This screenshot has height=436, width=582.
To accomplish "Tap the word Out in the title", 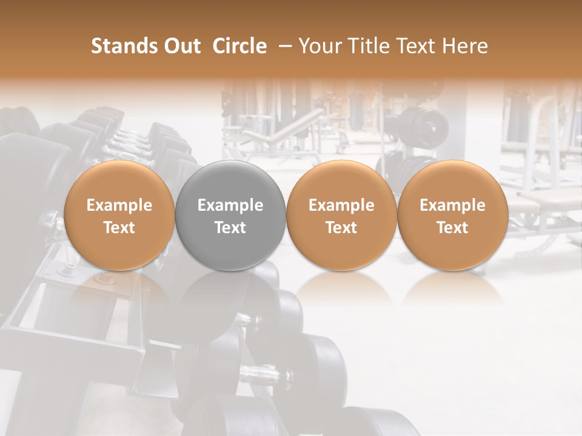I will click(x=180, y=46).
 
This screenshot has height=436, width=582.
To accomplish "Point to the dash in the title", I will click(x=283, y=46).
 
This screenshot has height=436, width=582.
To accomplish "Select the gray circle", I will click(x=230, y=215).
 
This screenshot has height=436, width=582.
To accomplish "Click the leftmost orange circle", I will click(x=119, y=215).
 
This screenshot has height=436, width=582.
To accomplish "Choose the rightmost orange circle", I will click(x=452, y=215).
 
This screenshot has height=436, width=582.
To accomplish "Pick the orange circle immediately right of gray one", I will click(x=341, y=215).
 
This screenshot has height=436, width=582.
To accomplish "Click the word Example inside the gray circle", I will click(x=230, y=205).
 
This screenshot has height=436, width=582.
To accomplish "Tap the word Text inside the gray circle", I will click(x=230, y=228).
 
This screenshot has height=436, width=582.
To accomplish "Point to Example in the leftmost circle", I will click(x=119, y=205).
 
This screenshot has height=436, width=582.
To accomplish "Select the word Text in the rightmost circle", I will click(x=452, y=228).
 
